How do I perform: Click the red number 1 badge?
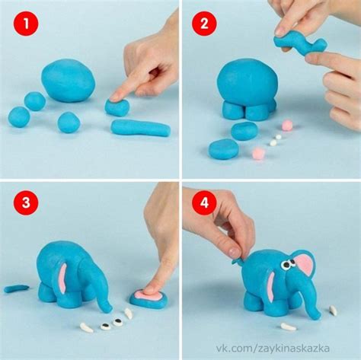(26, 24)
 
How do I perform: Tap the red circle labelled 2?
(204, 24)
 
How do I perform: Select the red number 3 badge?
(26, 202)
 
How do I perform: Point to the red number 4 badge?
(204, 202)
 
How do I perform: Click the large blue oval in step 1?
(69, 81)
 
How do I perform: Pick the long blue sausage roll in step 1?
(141, 128)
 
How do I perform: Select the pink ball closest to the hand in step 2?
(287, 125)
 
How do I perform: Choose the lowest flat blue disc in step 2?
(223, 149)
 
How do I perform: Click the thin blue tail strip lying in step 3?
(17, 288)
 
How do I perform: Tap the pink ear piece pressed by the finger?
(149, 296)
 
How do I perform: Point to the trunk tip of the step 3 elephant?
(107, 308)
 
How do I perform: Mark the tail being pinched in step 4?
(237, 260)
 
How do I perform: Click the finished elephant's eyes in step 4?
(289, 264)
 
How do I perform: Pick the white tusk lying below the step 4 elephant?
(288, 327)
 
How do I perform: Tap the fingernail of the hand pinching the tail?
(234, 252)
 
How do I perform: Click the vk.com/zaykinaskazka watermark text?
(273, 348)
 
